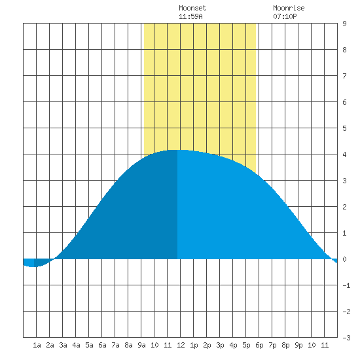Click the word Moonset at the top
click(x=192, y=8)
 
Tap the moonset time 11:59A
click(x=190, y=16)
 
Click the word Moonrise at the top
click(x=289, y=8)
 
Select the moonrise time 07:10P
click(x=285, y=16)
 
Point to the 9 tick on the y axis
click(x=344, y=24)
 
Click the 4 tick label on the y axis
click(x=344, y=154)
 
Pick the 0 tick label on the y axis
click(x=344, y=259)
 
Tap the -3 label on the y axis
click(x=346, y=338)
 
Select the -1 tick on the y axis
click(x=346, y=285)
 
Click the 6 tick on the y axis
click(x=344, y=102)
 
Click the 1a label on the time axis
click(x=37, y=345)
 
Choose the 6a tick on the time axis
click(x=102, y=345)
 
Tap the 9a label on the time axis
click(x=141, y=345)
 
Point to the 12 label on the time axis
click(x=181, y=345)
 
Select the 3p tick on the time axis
click(x=220, y=345)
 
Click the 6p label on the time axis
click(x=259, y=345)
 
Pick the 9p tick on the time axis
click(x=298, y=345)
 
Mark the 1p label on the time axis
click(x=194, y=345)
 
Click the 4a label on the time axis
click(x=76, y=345)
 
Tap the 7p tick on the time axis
click(x=272, y=345)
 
